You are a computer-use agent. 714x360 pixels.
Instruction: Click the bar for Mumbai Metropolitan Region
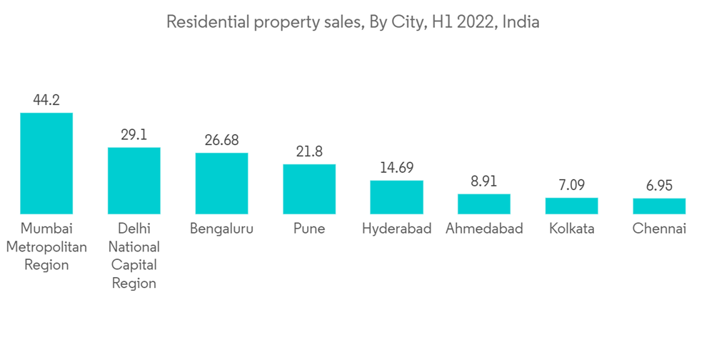point(46,163)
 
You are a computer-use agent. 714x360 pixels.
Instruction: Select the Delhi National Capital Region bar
point(134,181)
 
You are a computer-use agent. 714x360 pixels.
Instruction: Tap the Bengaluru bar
point(221,183)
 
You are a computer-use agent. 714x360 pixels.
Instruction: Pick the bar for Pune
point(309,189)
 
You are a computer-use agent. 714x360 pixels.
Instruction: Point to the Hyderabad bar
point(396,197)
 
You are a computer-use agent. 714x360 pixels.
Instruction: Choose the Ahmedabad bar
point(484,204)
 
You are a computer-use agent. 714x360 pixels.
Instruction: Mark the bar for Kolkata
point(571,206)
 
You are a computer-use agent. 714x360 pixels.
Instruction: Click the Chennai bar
point(659,206)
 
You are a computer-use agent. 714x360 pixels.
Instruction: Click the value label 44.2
point(46,101)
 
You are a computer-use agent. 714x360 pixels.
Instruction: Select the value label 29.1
point(134,135)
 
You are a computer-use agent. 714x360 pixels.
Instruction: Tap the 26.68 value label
point(221,141)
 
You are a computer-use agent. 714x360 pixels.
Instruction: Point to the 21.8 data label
point(309,151)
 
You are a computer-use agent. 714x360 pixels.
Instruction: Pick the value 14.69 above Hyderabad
point(396,168)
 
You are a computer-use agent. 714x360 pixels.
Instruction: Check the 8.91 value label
point(484,181)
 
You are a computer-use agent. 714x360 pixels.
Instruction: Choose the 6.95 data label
point(659,186)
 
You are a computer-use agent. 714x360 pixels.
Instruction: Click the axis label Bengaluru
point(221,229)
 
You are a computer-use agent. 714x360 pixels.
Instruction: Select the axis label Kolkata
point(571,229)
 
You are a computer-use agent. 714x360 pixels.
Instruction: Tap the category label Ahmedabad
point(484,229)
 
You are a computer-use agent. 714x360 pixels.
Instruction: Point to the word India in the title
point(521,22)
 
